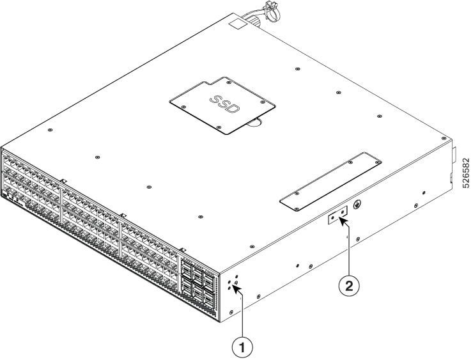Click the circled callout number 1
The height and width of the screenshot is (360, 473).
242,348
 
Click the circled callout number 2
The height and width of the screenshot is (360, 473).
349,285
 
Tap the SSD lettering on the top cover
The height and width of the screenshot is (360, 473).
225,104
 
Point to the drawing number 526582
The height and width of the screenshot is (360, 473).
466,173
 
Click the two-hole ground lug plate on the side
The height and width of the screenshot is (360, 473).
337,215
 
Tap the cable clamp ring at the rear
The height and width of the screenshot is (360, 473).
272,12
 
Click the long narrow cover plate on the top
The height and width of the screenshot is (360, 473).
331,182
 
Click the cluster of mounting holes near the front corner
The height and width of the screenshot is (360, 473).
233,283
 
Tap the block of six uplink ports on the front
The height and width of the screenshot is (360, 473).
199,280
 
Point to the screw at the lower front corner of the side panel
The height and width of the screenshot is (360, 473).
231,311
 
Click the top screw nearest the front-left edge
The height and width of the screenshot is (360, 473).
50,130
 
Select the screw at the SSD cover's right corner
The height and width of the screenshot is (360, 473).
263,102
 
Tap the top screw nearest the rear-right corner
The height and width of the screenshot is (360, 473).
444,138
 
